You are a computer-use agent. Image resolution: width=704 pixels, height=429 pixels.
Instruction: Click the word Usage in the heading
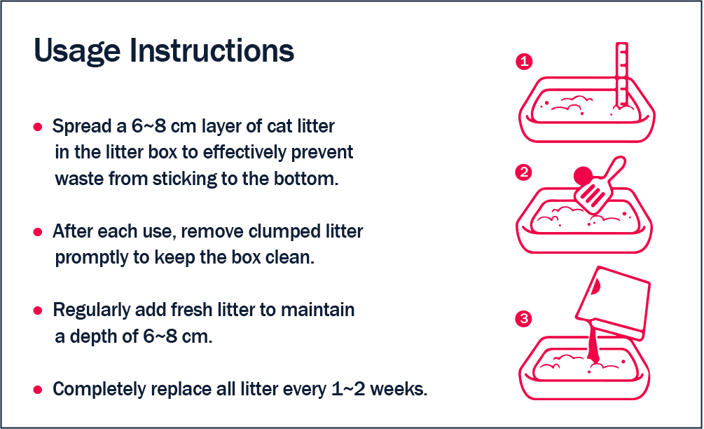tap(77, 51)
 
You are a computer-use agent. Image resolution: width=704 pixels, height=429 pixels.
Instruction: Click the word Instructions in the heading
tap(212, 50)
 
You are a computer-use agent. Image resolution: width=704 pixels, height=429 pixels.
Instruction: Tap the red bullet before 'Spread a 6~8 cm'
tap(38, 127)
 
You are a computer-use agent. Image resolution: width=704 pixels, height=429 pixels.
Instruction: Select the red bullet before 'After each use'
tap(38, 232)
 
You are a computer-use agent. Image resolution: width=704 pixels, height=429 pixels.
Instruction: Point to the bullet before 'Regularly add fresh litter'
tap(38, 311)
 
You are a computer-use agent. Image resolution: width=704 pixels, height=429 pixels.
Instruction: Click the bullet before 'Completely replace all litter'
tap(38, 390)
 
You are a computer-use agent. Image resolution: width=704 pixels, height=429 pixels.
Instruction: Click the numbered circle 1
tap(524, 61)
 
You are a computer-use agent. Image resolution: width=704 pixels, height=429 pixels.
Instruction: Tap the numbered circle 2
tap(523, 172)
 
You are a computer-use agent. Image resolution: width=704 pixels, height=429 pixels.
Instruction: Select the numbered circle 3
tap(523, 319)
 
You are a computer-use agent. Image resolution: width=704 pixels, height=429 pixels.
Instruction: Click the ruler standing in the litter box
tap(622, 76)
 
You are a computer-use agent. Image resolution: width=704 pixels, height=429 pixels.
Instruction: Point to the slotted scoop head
tap(592, 196)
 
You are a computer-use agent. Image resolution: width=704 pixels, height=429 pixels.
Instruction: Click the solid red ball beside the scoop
tap(584, 176)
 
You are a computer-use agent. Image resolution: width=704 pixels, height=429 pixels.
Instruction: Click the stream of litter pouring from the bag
tap(593, 345)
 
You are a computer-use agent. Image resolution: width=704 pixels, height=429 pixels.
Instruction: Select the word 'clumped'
tap(278, 231)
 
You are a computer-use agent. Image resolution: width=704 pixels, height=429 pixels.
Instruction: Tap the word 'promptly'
tap(92, 258)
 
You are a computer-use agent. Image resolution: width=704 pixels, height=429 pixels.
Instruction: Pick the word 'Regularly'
tap(92, 311)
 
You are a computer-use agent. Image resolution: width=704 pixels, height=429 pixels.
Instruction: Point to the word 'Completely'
tap(99, 390)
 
